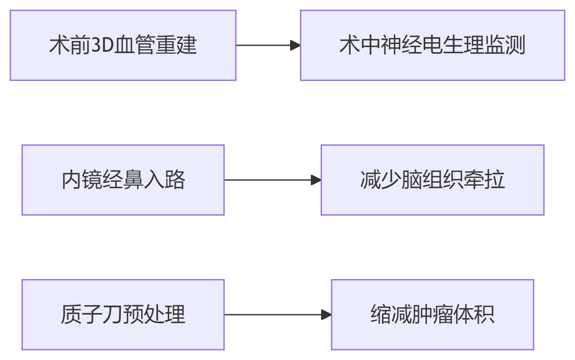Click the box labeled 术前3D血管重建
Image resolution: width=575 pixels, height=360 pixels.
[123, 45]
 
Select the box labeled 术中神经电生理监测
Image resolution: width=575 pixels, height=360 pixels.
[432, 45]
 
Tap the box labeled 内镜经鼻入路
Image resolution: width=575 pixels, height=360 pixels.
[123, 180]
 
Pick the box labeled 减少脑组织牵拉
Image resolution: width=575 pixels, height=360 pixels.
[432, 180]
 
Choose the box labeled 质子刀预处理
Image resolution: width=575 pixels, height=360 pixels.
[123, 315]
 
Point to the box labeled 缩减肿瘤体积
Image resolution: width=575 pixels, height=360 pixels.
[432, 315]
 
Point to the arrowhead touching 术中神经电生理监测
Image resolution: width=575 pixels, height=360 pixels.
[295, 45]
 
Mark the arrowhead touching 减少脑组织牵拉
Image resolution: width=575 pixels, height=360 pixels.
[316, 180]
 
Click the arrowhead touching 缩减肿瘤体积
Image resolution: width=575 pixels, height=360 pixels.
[326, 315]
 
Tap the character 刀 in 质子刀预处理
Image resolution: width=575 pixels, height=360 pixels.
[113, 315]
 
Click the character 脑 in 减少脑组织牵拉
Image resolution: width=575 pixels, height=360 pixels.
[412, 180]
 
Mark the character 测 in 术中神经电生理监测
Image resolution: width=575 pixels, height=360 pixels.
[515, 45]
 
